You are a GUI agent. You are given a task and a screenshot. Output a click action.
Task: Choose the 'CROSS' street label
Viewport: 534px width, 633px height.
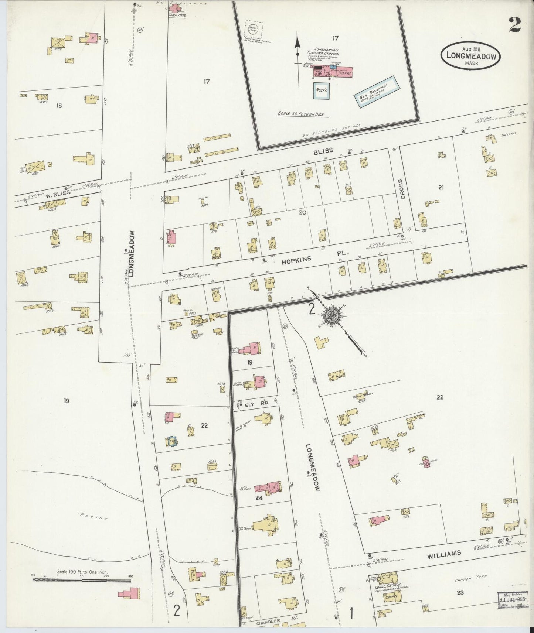[403, 189]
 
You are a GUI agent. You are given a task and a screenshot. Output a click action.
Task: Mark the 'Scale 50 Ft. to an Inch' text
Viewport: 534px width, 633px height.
[300, 114]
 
